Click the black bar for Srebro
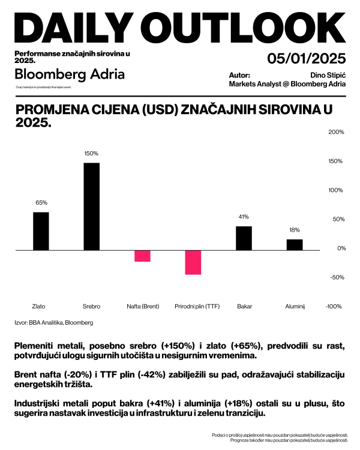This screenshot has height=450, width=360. (91, 206)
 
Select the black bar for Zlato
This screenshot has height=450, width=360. (41, 231)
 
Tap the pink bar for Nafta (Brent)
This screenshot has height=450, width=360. (142, 256)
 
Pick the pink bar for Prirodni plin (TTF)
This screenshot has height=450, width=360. (193, 262)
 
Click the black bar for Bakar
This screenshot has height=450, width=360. (244, 238)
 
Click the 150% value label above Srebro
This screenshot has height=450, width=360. (91, 154)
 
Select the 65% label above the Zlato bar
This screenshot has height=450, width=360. (41, 203)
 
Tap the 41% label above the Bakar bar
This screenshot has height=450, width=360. (244, 217)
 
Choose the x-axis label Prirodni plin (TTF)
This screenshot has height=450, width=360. (193, 306)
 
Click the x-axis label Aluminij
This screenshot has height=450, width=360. (294, 306)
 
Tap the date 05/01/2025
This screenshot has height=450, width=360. (306, 59)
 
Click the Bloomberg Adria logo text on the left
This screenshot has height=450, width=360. (70, 74)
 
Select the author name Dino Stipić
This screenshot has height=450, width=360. (328, 76)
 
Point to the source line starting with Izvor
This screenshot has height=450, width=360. (53, 322)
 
